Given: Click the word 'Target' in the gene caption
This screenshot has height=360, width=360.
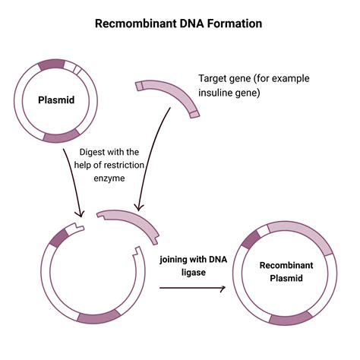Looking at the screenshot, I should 213,79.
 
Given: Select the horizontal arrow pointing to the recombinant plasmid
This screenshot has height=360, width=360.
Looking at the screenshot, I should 192,289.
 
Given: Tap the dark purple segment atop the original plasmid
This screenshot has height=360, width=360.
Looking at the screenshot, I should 51,65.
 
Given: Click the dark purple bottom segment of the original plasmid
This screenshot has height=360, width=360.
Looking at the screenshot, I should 61,137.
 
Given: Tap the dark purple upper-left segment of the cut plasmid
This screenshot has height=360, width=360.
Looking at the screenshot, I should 58,238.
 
